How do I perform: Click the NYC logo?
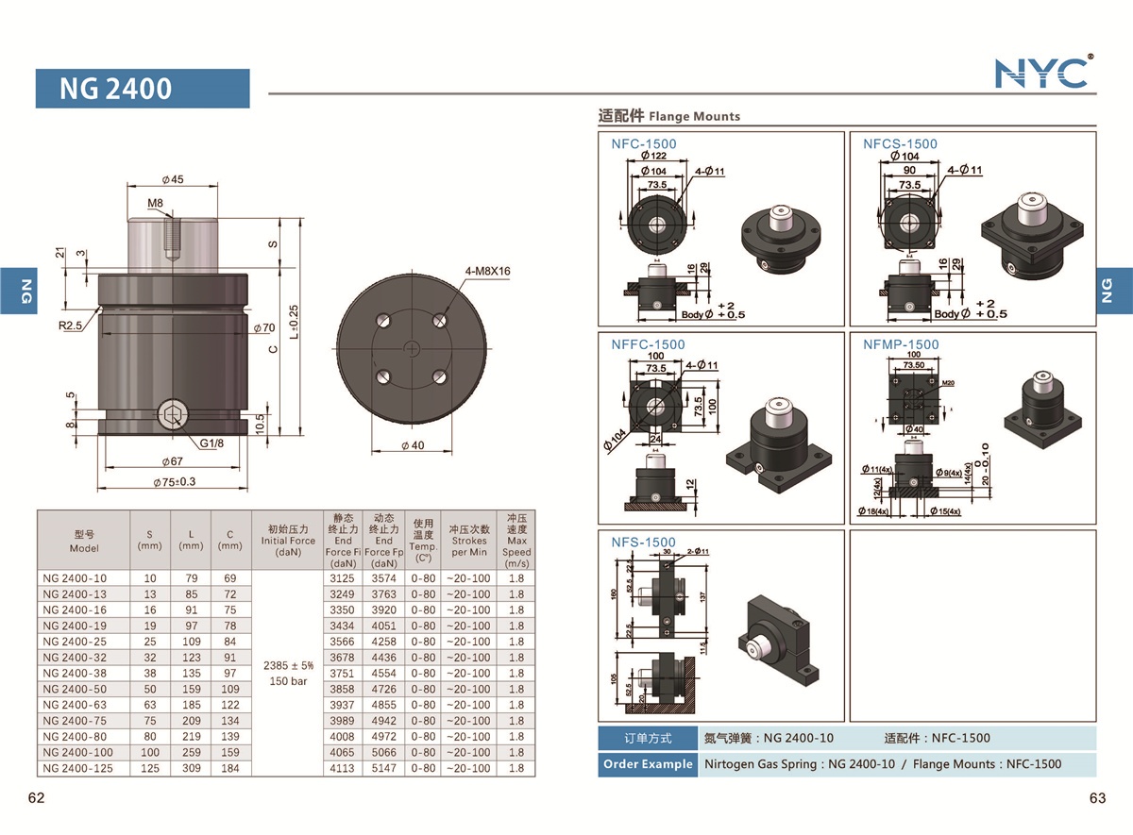(1042, 72)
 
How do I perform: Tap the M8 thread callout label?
(156, 203)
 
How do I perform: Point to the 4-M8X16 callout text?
(488, 271)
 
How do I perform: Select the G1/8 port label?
(211, 442)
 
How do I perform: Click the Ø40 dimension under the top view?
(412, 445)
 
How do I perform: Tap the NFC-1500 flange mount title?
(644, 143)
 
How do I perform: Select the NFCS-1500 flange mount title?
(900, 143)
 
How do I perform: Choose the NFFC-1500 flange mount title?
(648, 344)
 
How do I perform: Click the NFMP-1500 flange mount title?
(901, 344)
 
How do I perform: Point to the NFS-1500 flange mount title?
(643, 542)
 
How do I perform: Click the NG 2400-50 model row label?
(75, 689)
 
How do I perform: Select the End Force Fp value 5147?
(383, 768)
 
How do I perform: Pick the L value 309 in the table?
(191, 768)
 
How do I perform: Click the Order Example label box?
(647, 764)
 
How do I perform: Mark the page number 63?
(1096, 798)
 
